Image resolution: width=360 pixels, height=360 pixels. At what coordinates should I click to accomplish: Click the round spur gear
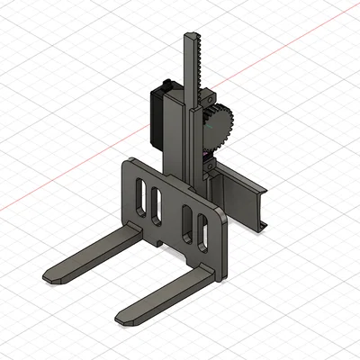(220, 129)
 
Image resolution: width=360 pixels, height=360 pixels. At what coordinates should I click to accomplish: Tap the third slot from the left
(187, 222)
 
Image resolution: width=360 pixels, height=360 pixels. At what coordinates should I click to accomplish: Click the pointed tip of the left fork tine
(49, 274)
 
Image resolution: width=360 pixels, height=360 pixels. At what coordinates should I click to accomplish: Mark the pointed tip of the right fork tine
(121, 318)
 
